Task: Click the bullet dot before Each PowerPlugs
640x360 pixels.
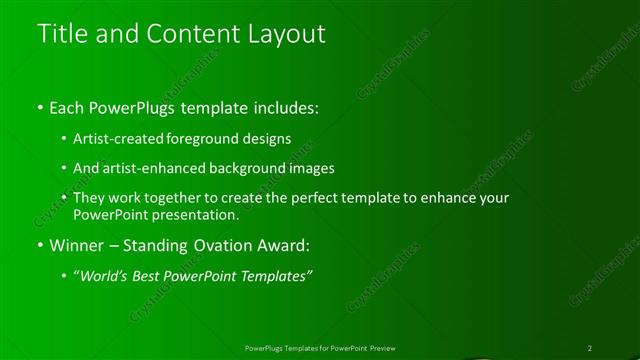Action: point(39,107)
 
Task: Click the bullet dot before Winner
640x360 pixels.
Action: point(39,245)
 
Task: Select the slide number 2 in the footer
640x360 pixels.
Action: point(590,348)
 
